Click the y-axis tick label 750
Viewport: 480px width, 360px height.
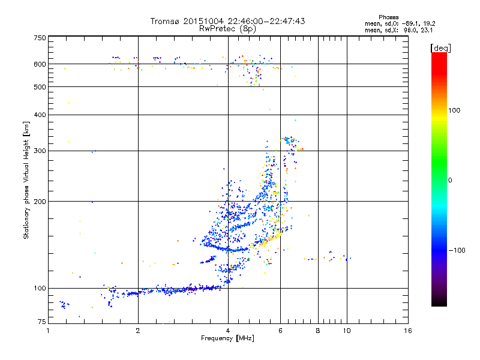[x=40, y=38]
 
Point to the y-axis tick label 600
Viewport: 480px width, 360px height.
[x=40, y=64]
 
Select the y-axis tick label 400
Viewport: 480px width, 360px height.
[x=40, y=115]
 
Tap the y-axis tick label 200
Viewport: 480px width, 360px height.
[x=40, y=201]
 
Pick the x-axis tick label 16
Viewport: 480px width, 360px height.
[x=407, y=331]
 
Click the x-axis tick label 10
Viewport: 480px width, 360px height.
[x=346, y=331]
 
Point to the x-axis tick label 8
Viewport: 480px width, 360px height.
[x=318, y=331]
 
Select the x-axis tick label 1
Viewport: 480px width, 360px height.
[x=49, y=331]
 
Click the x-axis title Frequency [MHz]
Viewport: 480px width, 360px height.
[x=227, y=338]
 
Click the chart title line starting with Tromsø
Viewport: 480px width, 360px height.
[x=227, y=21]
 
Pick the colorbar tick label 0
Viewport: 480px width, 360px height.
[x=451, y=180]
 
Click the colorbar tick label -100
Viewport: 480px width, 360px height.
[x=456, y=250]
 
